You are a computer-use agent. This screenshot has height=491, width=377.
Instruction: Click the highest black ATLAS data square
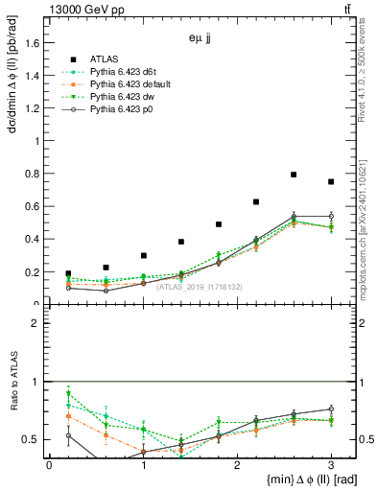(294, 175)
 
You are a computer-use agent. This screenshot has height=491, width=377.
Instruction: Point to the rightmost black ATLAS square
(331, 181)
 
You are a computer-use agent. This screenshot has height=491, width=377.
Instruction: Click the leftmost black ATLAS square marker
(68, 273)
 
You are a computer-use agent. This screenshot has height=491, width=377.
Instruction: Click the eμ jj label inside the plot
(200, 41)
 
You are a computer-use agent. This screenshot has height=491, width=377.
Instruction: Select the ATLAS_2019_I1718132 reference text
(200, 286)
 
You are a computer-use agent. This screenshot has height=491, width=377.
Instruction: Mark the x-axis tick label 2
(237, 464)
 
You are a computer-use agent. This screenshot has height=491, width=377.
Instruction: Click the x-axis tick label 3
(331, 464)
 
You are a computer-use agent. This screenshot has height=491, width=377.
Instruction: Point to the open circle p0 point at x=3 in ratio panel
(331, 409)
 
